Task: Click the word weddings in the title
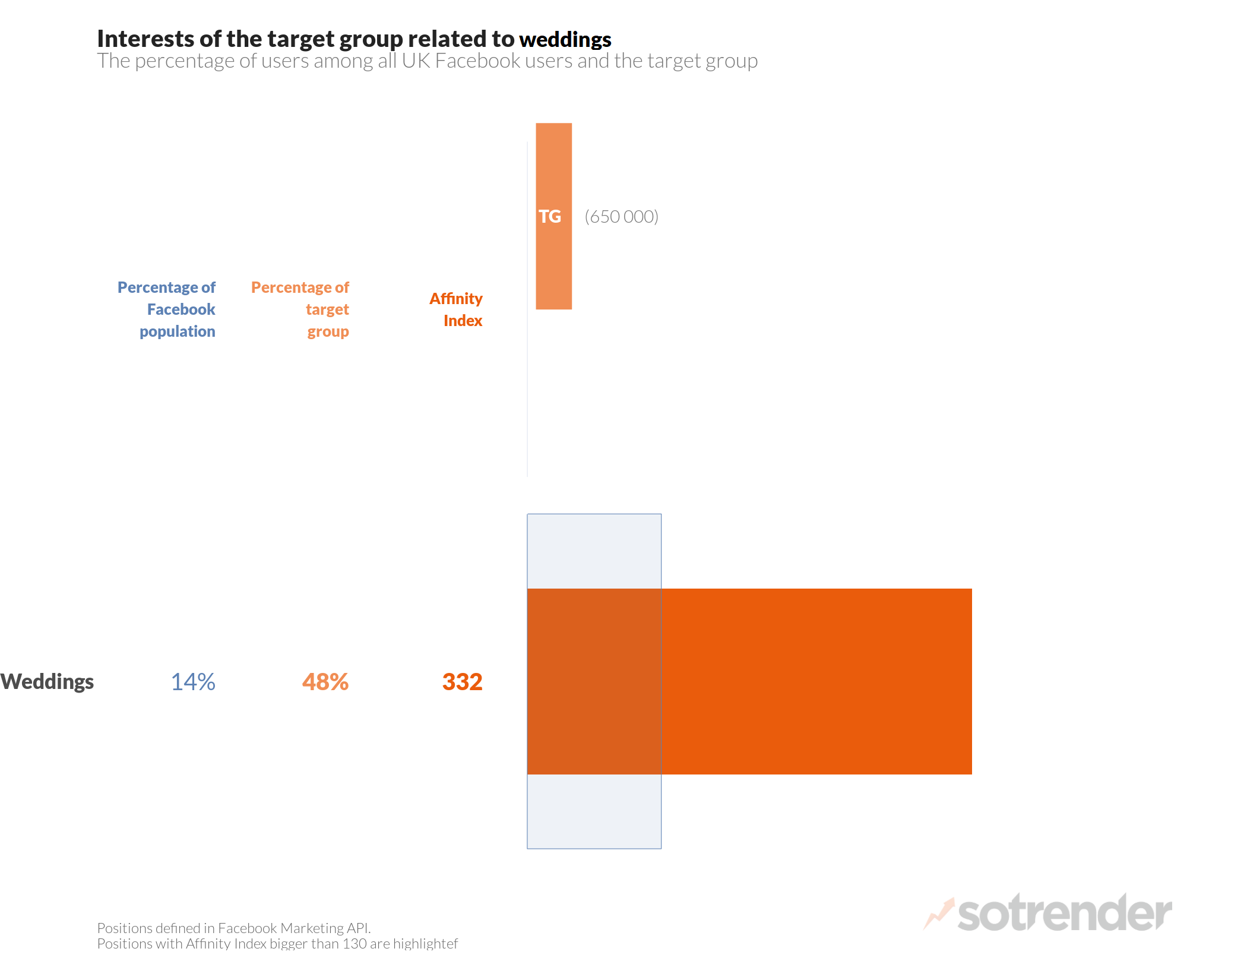pyautogui.click(x=565, y=40)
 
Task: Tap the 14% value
pyautogui.click(x=193, y=682)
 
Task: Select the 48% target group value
pyautogui.click(x=325, y=682)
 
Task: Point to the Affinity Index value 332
pyautogui.click(x=462, y=682)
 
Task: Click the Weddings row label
pyautogui.click(x=47, y=682)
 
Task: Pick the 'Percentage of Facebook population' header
pyautogui.click(x=167, y=309)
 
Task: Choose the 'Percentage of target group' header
pyautogui.click(x=300, y=309)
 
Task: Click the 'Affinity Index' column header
pyautogui.click(x=456, y=309)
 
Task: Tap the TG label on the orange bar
pyautogui.click(x=550, y=217)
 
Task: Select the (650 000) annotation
pyautogui.click(x=621, y=217)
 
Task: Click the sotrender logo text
pyautogui.click(x=1064, y=913)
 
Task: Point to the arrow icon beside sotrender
pyautogui.click(x=939, y=913)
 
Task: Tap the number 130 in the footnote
pyautogui.click(x=355, y=944)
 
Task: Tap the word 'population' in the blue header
pyautogui.click(x=178, y=331)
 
